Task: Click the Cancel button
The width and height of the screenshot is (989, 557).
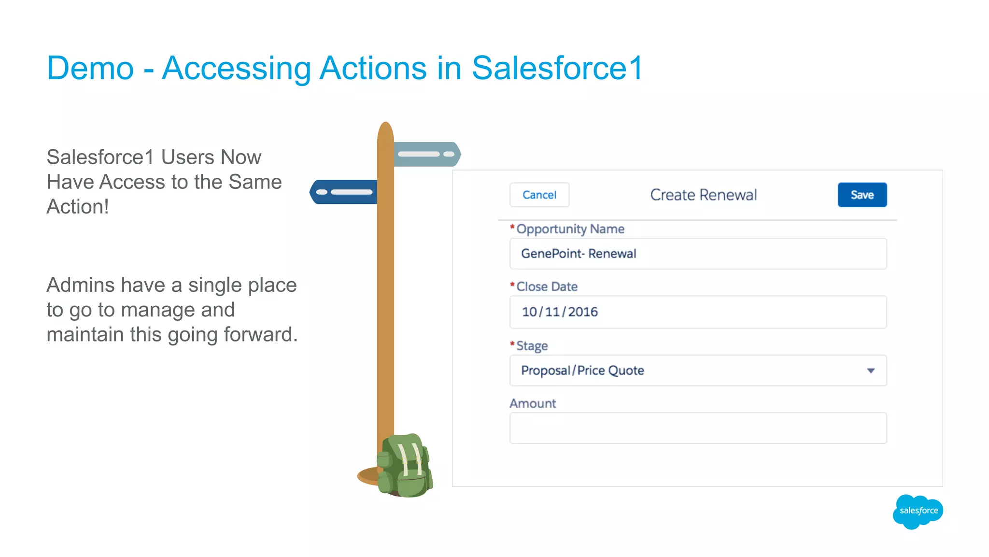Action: pyautogui.click(x=539, y=195)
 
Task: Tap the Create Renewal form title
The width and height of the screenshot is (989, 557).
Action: pyautogui.click(x=703, y=195)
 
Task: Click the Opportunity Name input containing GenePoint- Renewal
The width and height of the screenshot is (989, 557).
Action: pyautogui.click(x=698, y=254)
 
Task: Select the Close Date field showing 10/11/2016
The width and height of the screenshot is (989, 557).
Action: pyautogui.click(x=698, y=312)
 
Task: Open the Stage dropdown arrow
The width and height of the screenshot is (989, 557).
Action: pyautogui.click(x=871, y=371)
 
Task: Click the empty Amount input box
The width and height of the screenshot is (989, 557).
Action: pyautogui.click(x=698, y=428)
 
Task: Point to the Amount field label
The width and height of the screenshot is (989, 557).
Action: pyautogui.click(x=533, y=403)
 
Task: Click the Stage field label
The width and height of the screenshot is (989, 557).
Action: pyautogui.click(x=532, y=346)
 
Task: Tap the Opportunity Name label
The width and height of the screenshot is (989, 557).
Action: pyautogui.click(x=570, y=229)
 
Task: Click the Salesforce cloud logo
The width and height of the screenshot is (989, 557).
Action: pyautogui.click(x=918, y=511)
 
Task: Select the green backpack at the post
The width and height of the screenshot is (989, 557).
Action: pyautogui.click(x=405, y=466)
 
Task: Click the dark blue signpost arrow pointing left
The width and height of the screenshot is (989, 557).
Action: pyautogui.click(x=343, y=192)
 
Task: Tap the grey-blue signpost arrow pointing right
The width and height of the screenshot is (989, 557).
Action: pyautogui.click(x=427, y=154)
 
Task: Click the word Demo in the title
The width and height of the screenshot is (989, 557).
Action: pyautogui.click(x=90, y=68)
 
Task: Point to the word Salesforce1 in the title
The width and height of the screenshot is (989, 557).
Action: pyautogui.click(x=557, y=68)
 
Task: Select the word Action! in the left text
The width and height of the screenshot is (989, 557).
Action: pyautogui.click(x=78, y=207)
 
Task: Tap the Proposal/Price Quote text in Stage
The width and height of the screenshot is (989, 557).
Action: pyautogui.click(x=582, y=371)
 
